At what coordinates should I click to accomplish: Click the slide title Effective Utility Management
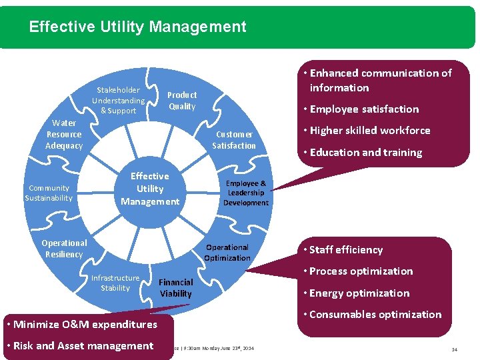pos(138,27)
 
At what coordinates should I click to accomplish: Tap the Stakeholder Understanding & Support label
pos(118,100)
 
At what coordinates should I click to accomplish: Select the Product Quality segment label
pos(182,101)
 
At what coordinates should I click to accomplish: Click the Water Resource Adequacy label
pos(64,134)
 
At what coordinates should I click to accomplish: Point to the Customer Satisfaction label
pos(234,140)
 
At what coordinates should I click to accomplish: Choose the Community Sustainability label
pos(49,193)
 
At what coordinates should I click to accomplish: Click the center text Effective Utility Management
pos(150,189)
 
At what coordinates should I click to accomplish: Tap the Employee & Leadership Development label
pos(246,193)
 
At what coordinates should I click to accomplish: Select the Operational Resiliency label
pos(64,249)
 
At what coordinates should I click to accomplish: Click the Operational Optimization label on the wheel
pos(227,253)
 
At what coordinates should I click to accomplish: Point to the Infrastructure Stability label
pos(115,283)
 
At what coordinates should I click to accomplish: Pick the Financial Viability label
pos(176,288)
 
